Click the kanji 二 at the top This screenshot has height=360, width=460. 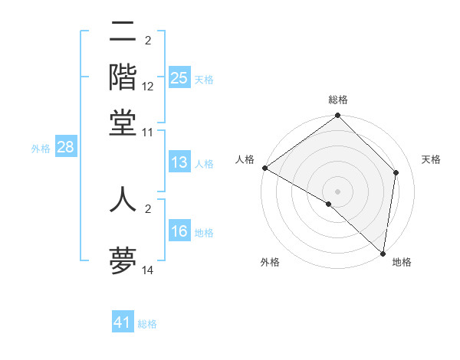(123, 33)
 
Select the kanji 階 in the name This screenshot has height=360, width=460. (123, 77)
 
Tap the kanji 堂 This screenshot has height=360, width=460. (123, 122)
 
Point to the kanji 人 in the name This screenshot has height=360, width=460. (123, 198)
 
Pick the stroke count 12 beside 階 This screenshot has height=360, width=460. (148, 87)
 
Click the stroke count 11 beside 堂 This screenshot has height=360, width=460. (148, 132)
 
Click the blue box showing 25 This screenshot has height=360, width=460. (179, 78)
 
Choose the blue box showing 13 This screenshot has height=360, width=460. (179, 162)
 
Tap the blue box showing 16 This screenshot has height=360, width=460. (179, 231)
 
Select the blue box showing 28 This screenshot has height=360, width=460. (65, 148)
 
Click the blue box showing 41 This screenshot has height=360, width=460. (123, 322)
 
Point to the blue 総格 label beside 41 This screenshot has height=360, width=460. (147, 324)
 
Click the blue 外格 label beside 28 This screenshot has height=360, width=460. (40, 149)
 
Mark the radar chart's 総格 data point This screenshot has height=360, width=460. (337, 116)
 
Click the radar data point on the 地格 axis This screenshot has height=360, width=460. (383, 253)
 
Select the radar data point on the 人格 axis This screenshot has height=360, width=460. (264, 168)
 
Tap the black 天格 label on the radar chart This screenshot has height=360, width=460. (431, 159)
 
